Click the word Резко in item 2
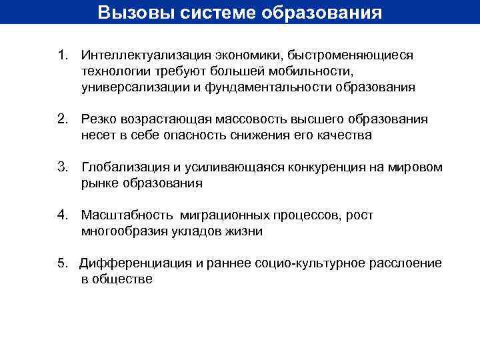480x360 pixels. coord(98,119)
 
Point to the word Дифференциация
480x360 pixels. coord(135,263)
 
